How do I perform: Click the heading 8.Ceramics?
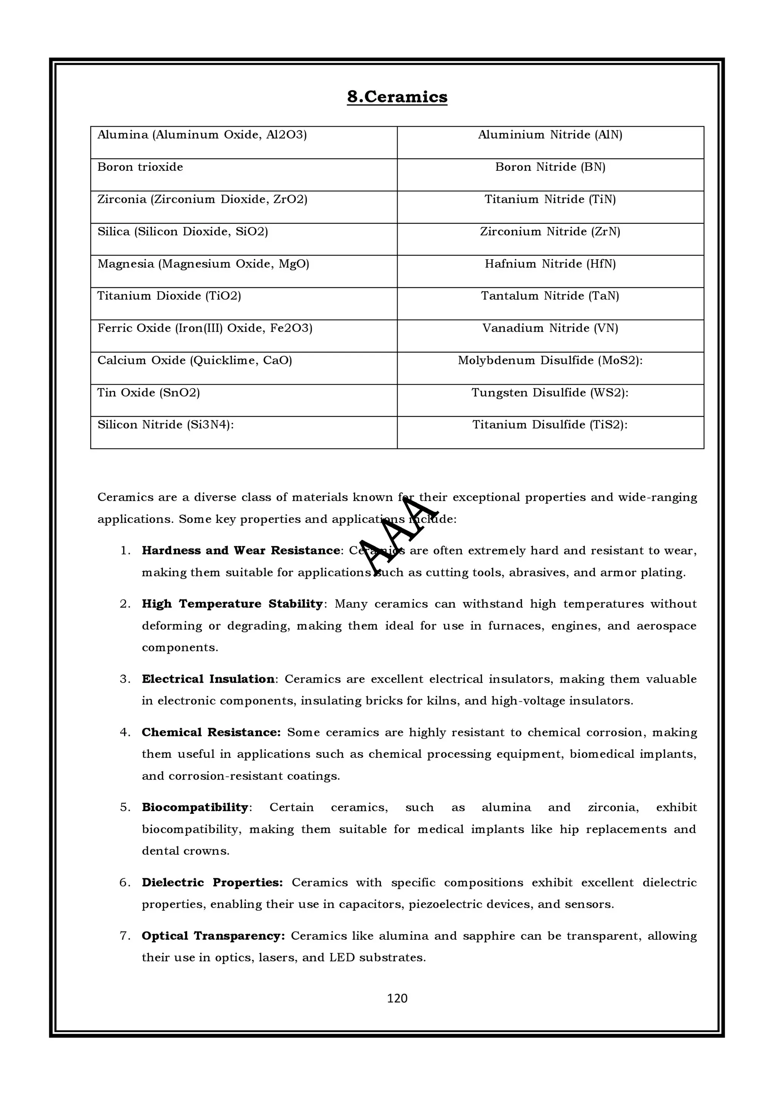(x=397, y=97)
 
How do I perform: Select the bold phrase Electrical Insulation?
(x=208, y=679)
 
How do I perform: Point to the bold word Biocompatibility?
(x=195, y=807)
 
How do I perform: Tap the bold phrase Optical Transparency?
(x=213, y=936)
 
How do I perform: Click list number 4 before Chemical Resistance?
(x=125, y=733)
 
